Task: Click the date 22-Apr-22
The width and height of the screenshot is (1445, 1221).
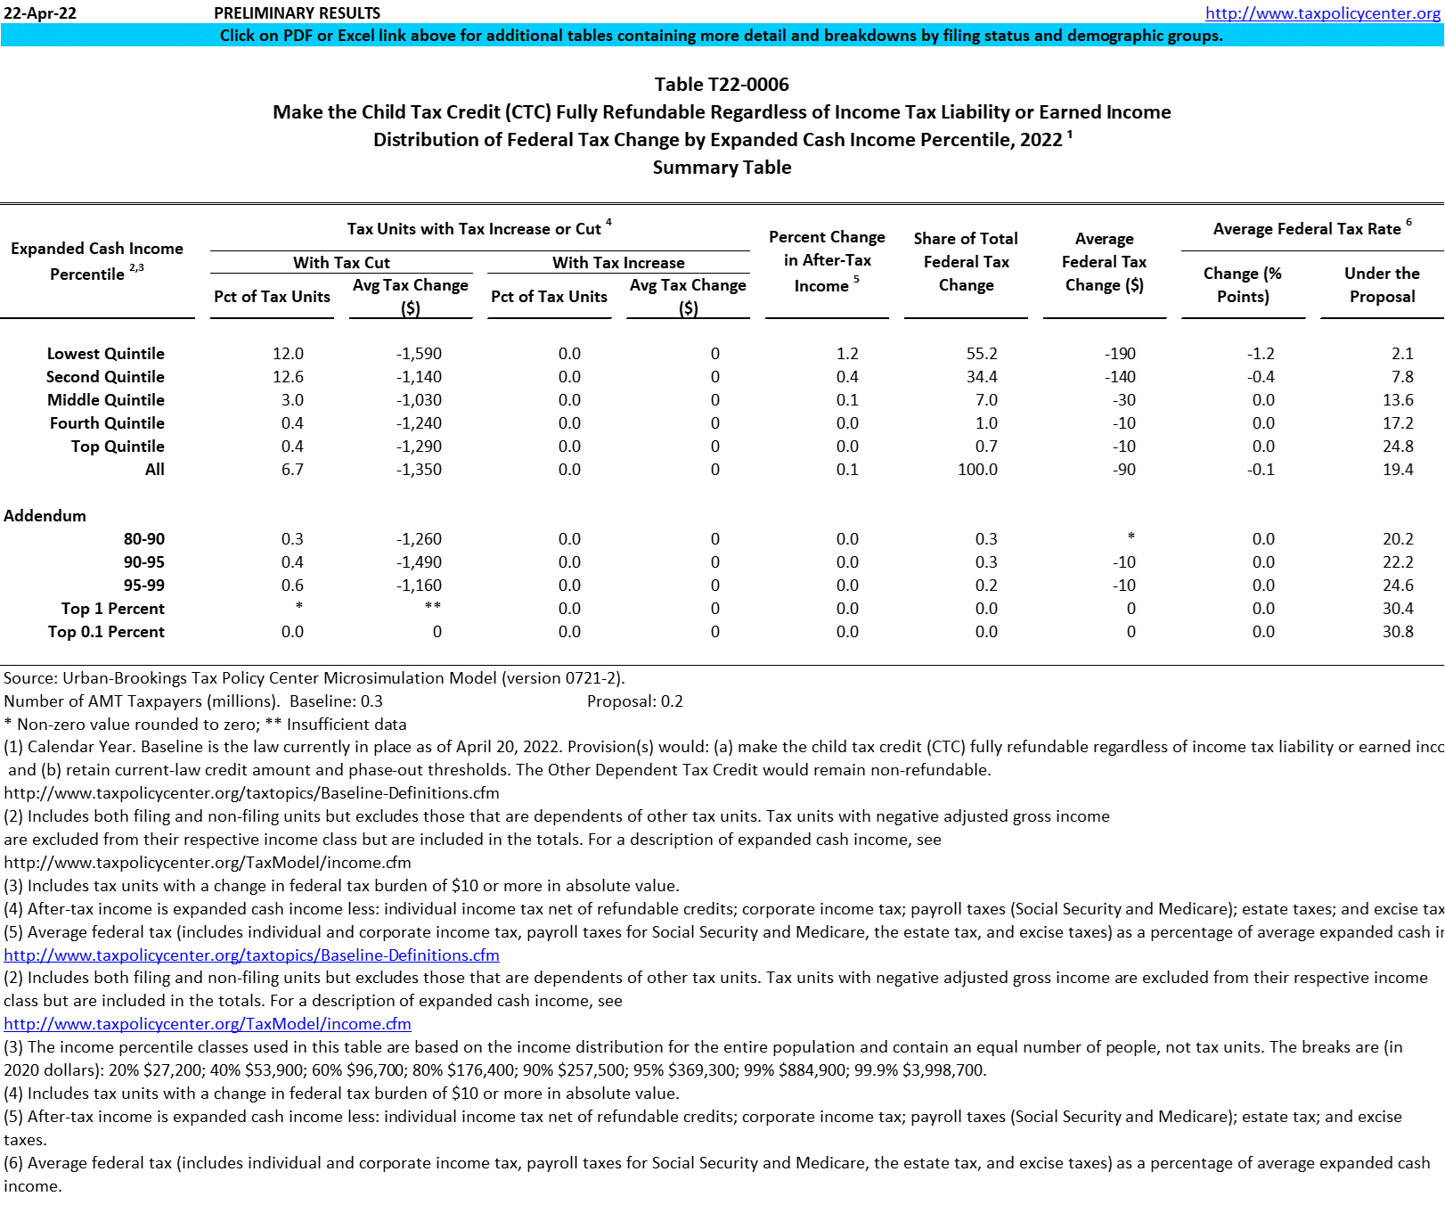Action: click(x=40, y=13)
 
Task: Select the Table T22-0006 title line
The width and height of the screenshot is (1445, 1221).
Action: click(x=722, y=85)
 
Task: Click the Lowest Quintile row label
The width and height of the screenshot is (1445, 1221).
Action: click(x=105, y=354)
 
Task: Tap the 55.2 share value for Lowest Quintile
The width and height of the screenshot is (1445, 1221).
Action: click(x=982, y=354)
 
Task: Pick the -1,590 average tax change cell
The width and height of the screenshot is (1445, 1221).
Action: click(x=419, y=354)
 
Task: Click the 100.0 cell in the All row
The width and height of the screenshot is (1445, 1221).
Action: click(x=977, y=470)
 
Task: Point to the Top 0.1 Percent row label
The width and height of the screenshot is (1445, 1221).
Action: click(x=106, y=632)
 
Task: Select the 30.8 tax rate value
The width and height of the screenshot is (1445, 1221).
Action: click(x=1398, y=632)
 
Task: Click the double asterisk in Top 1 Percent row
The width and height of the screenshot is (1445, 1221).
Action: click(x=433, y=607)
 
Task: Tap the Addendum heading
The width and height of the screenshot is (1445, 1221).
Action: click(x=45, y=516)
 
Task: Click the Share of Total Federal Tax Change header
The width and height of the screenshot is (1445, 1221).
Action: click(x=966, y=262)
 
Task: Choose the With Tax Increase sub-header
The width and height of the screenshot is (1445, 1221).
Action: click(x=618, y=263)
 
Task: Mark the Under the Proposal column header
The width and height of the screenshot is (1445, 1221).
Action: click(x=1382, y=285)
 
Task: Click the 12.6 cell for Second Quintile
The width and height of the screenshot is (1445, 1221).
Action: click(x=288, y=377)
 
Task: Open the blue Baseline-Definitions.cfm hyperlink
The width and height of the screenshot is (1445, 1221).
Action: click(x=251, y=955)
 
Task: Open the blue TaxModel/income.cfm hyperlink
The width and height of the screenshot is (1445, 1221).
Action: click(x=208, y=1024)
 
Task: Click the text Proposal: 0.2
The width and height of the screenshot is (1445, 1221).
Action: click(x=635, y=701)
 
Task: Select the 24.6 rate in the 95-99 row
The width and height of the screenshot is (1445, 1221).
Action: click(x=1398, y=586)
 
